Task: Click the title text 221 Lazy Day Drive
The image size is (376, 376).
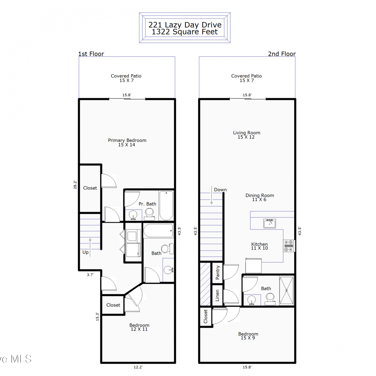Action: pos(185,25)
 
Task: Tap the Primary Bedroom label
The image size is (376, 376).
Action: pos(127,140)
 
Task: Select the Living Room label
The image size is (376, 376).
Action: pos(247,133)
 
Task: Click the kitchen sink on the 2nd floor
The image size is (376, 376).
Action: pos(269,223)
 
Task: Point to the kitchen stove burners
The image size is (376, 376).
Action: pos(289,246)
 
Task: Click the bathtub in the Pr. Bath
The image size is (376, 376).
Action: pos(166,206)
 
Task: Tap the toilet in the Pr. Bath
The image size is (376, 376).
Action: pos(149,215)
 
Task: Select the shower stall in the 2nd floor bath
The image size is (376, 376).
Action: pos(287,290)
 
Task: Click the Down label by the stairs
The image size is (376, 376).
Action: pos(220,190)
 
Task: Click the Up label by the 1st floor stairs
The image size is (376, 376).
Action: pos(85,252)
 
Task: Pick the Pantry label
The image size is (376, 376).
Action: pos(217,272)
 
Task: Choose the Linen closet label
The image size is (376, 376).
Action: pos(217,295)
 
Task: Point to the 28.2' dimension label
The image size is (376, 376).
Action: pos(75,184)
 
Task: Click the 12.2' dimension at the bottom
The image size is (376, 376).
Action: pos(138,367)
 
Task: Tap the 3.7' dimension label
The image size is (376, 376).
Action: pos(90,275)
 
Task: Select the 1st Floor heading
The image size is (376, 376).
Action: pos(91,54)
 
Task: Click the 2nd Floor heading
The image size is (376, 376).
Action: pos(282,54)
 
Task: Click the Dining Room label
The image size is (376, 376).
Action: pos(260,195)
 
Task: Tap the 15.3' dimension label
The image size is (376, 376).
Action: pos(98,316)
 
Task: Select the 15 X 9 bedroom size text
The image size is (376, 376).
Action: pos(248,338)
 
